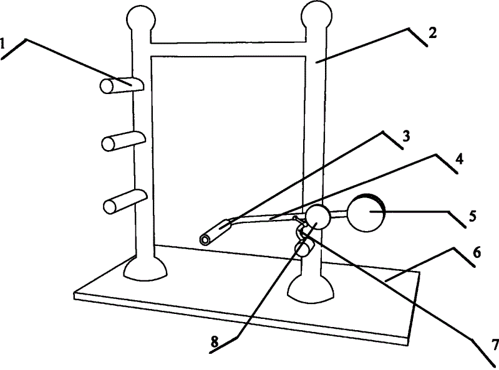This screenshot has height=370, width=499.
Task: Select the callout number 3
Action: point(405,138)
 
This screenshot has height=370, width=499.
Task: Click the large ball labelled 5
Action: point(367,214)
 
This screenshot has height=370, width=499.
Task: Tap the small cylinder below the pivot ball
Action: point(304,249)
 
